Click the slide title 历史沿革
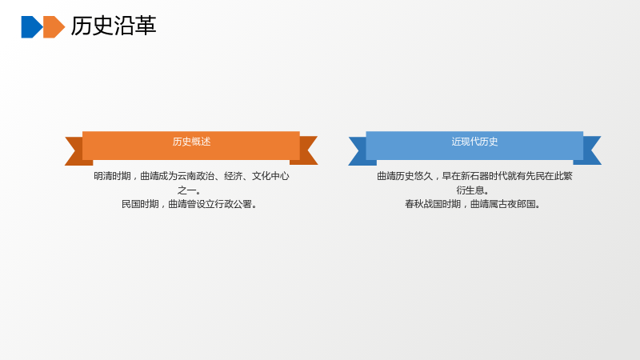[114, 26]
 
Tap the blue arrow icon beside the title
[32, 27]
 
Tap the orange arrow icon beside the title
[54, 27]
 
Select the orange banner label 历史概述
[191, 142]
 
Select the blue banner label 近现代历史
[474, 142]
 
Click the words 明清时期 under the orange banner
[112, 176]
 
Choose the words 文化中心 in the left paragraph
[270, 176]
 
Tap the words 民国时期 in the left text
[140, 204]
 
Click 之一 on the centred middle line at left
[186, 190]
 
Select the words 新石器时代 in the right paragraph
[484, 176]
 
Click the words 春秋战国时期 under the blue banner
[433, 204]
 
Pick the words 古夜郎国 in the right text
[517, 204]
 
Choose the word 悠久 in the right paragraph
[423, 176]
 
